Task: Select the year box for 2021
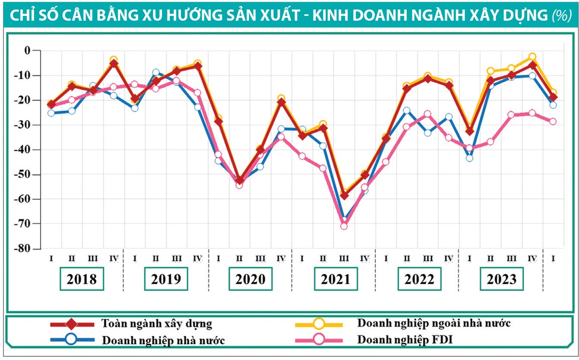336,279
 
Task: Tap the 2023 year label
501,279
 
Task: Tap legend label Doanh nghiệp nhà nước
164,339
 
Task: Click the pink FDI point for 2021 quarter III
344,226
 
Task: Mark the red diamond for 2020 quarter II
239,180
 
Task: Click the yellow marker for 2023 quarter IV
532,57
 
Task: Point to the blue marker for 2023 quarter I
469,158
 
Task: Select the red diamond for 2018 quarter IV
114,63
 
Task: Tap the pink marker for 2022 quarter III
427,114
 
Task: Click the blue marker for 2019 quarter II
155,72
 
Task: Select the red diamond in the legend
71,324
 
